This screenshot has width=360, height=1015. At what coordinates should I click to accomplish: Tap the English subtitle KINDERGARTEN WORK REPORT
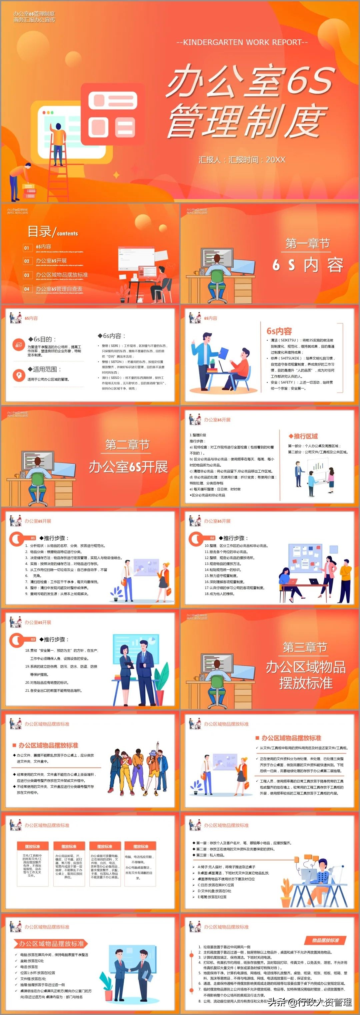242,42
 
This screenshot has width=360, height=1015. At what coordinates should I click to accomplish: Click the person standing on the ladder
58,142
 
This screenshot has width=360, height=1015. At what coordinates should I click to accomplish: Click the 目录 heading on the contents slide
39,231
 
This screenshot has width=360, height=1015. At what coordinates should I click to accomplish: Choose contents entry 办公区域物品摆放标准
61,275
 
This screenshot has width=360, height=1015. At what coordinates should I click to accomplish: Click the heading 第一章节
307,244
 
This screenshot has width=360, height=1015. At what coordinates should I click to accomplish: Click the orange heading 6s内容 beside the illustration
279,331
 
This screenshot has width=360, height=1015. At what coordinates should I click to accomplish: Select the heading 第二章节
127,445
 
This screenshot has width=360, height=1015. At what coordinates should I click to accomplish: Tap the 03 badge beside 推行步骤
33,639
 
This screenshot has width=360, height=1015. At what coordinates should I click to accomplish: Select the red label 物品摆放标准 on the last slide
325,940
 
